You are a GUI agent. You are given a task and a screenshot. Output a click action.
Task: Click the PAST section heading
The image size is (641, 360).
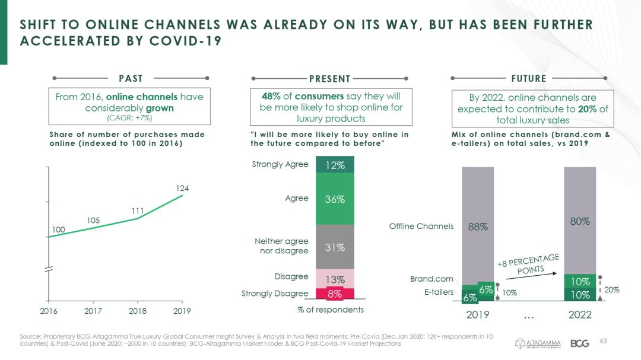pyautogui.click(x=131, y=78)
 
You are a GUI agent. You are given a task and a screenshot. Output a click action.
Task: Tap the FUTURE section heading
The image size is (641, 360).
pyautogui.click(x=528, y=78)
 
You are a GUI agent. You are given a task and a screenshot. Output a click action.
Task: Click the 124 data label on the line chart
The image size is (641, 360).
pyautogui.click(x=182, y=188)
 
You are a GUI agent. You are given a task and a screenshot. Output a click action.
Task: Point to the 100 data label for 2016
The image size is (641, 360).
pyautogui.click(x=58, y=230)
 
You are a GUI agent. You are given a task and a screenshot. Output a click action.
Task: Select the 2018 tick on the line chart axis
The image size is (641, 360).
pyautogui.click(x=138, y=310)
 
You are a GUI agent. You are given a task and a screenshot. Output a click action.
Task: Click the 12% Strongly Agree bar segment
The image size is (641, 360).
pyautogui.click(x=335, y=165)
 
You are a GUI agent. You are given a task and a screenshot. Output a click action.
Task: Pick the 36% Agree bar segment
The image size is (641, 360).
pyautogui.click(x=335, y=199)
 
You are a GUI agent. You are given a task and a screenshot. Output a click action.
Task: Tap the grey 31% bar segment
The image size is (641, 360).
pyautogui.click(x=335, y=247)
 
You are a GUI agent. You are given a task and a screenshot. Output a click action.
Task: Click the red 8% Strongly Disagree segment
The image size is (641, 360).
pyautogui.click(x=335, y=294)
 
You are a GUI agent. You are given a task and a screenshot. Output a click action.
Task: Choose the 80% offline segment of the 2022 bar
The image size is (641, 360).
pyautogui.click(x=580, y=221)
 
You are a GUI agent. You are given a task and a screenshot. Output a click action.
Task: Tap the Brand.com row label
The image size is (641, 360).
pyautogui.click(x=431, y=279)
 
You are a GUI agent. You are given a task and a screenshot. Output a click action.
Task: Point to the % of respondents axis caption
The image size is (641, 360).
pyautogui.click(x=331, y=310)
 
